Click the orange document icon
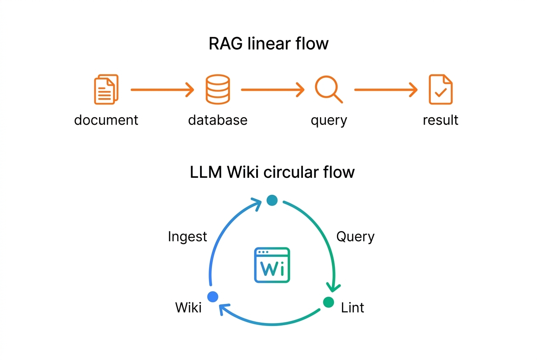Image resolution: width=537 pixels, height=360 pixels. coord(106,89)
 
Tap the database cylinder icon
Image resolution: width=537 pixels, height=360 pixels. coord(218,89)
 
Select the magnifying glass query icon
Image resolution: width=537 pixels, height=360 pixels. coord(328,89)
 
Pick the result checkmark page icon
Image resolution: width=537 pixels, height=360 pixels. coord(441,89)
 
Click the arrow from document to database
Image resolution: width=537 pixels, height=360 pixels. coord(161,90)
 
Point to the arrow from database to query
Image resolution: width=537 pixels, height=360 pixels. coord(272,90)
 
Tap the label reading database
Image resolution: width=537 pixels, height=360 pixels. coord(218,120)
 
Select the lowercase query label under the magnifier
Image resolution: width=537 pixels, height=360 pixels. coord(329,121)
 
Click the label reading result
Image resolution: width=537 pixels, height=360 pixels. coord(441,120)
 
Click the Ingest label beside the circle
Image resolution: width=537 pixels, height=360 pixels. coord(187,236)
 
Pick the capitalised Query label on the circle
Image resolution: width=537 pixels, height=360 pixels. coord(355,236)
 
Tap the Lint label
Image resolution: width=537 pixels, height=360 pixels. coord(352,307)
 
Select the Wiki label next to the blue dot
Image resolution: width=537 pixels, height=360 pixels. coord(188,307)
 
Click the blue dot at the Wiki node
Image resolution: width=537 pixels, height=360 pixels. coord(213,296)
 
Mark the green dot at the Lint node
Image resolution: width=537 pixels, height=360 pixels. coord(328,302)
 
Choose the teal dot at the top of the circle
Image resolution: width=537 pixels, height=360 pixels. coord(272,200)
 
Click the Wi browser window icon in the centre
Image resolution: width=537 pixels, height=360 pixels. coord(272,265)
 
